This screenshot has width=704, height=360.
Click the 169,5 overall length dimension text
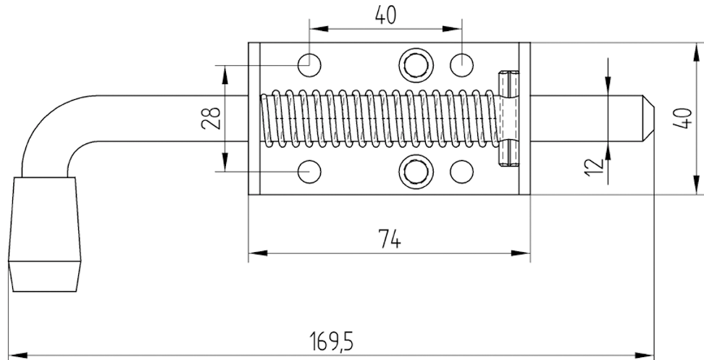[x=333, y=341]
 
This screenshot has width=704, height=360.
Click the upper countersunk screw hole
[x=415, y=64]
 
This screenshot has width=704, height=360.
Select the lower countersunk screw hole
[x=415, y=171]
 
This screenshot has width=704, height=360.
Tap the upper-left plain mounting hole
[x=310, y=64]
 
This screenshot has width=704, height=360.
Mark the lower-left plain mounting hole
[x=310, y=172]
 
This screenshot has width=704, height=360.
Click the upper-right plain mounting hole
[x=462, y=64]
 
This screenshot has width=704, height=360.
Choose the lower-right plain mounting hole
[x=462, y=172]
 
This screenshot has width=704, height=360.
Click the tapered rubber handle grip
[x=45, y=235]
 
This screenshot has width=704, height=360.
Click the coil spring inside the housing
[x=377, y=118]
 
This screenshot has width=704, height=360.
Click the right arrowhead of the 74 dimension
[x=521, y=254]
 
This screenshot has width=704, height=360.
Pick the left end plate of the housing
[x=253, y=118]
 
